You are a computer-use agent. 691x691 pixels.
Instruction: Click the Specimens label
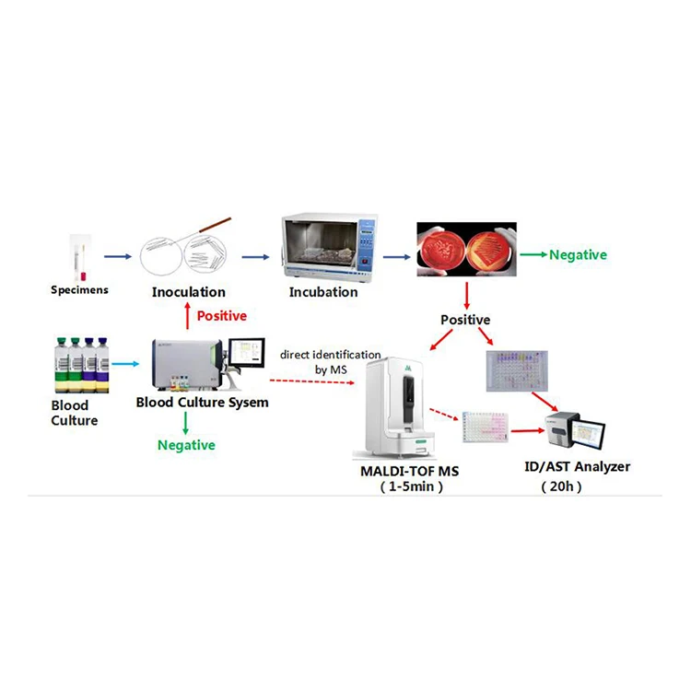tap(78, 290)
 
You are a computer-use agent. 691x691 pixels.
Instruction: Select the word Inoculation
tap(189, 292)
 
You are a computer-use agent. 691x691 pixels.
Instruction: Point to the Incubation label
tap(323, 292)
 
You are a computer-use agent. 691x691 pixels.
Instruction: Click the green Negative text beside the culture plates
tap(578, 255)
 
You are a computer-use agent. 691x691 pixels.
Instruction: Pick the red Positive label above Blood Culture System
tap(222, 316)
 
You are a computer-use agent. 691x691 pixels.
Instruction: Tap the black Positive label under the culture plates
tap(467, 321)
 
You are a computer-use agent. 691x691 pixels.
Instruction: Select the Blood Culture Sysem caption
tap(203, 402)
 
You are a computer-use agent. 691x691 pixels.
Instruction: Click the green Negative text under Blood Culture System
tap(187, 445)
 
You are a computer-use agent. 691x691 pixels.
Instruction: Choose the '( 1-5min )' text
tap(411, 487)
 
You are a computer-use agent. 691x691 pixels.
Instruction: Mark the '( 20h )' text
tap(561, 486)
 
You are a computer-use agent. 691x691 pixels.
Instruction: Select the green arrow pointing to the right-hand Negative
tap(531, 254)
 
